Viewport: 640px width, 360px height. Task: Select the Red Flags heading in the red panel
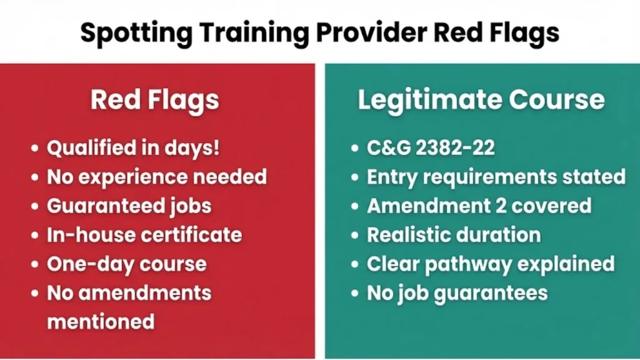[154, 101]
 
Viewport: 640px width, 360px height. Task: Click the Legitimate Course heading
[481, 101]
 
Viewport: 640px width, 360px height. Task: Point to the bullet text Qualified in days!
[133, 149]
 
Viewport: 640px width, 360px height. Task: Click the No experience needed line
[157, 177]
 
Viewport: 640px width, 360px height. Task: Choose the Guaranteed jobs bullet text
[129, 206]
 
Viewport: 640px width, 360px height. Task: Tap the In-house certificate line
[144, 234]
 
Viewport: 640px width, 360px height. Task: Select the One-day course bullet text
[126, 263]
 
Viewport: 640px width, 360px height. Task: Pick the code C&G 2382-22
[431, 148]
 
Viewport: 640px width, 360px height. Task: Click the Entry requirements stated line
[496, 177]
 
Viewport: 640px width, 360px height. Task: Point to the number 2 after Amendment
[485, 206]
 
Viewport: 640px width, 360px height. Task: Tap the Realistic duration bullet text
[454, 234]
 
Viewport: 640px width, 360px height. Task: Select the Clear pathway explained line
[491, 263]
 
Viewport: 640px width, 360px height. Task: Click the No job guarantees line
[457, 292]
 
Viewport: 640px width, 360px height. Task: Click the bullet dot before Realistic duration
[356, 235]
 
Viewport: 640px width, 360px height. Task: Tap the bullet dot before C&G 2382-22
[356, 149]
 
